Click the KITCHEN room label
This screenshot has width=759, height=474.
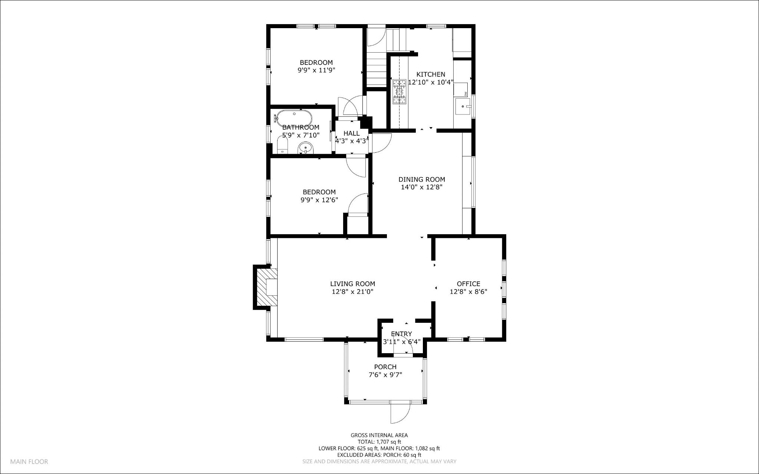click(x=431, y=74)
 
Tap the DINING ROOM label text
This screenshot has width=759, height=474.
click(x=421, y=179)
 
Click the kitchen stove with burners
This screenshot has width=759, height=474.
click(x=400, y=91)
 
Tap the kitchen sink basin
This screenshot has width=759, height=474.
click(x=463, y=107)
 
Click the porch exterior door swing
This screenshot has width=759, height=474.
click(x=400, y=412)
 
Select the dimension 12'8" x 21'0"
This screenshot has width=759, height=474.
click(x=352, y=292)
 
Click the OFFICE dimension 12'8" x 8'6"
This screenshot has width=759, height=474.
click(x=468, y=292)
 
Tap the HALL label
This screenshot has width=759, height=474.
click(x=351, y=133)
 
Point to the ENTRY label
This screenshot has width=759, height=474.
click(x=401, y=334)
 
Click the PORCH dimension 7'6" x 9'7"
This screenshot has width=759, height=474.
click(x=385, y=375)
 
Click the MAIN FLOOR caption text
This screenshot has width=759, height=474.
click(x=29, y=462)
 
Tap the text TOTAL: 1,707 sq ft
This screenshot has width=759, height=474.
click(x=379, y=442)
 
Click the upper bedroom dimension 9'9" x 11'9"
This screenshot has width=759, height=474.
click(x=316, y=70)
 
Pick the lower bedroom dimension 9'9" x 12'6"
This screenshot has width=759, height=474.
click(x=319, y=200)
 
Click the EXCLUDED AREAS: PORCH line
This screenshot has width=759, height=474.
click(x=379, y=455)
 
